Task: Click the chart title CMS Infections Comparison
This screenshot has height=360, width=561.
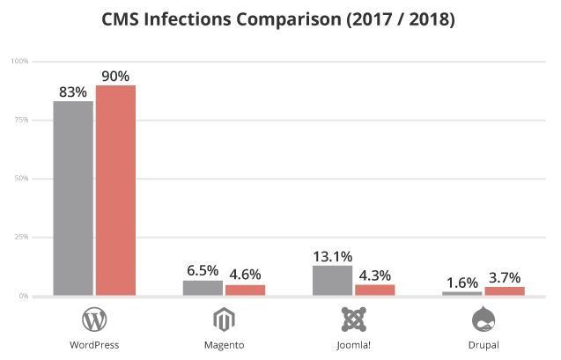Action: pos(279,18)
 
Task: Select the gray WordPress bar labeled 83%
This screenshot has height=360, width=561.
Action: pos(73,198)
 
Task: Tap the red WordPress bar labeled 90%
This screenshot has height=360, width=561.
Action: pos(115,190)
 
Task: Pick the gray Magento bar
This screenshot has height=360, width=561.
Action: pos(203,288)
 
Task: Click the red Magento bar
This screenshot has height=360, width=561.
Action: pos(245,290)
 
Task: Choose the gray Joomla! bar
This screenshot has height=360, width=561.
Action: pos(332,280)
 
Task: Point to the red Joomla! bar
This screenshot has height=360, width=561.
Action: pos(374,290)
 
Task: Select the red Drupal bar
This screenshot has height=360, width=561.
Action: pos(504,290)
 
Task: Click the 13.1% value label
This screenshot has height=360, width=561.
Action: pos(333,256)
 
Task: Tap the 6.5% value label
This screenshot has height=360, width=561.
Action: pos(203,271)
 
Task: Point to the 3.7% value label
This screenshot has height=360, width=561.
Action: pos(505,278)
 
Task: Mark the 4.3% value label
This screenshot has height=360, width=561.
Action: pos(375,275)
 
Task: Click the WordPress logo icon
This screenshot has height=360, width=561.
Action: pos(94,319)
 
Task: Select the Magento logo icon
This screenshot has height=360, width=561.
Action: pos(224,319)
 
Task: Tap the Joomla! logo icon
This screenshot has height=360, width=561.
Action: pos(353,319)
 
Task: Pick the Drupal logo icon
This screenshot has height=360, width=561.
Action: pos(483,319)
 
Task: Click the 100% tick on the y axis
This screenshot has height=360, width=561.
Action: pos(19,61)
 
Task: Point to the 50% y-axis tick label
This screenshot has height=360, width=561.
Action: pos(21,179)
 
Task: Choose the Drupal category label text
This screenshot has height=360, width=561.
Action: pos(483,344)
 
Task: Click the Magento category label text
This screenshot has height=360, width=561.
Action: pos(224,344)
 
